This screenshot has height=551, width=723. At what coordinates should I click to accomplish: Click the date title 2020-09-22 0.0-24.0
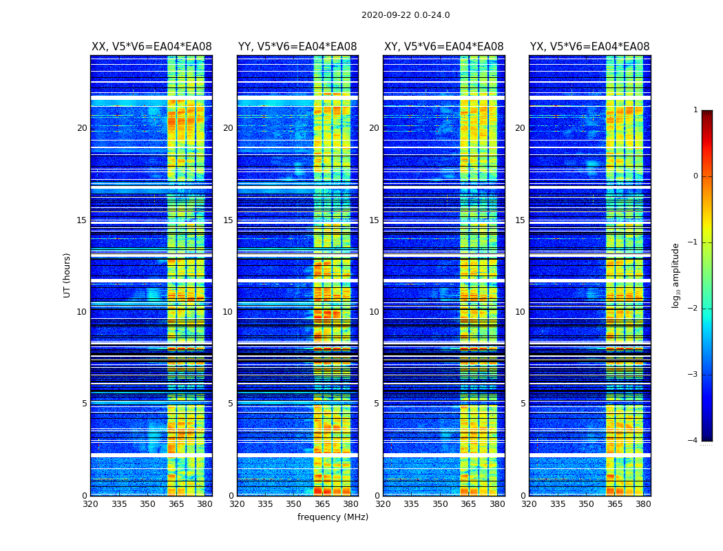click(x=405, y=15)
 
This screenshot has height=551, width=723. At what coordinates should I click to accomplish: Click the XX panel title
click(x=151, y=47)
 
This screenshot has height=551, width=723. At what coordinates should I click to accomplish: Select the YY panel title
click(x=297, y=47)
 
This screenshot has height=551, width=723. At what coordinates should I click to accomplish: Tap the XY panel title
click(x=443, y=47)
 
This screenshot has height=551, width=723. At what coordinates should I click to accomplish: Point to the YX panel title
click(x=589, y=47)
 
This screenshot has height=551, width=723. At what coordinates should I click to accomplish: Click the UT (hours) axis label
click(x=67, y=275)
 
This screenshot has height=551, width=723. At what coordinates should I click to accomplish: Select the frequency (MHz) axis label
click(x=333, y=517)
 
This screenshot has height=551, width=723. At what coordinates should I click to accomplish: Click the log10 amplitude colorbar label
click(x=676, y=275)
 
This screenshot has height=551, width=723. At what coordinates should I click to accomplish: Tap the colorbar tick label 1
click(x=695, y=110)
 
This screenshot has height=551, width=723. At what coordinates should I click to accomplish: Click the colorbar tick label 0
click(x=695, y=176)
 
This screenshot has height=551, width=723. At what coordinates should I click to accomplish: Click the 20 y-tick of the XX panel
click(x=82, y=128)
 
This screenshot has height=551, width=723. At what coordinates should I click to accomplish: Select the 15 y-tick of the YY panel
click(x=228, y=220)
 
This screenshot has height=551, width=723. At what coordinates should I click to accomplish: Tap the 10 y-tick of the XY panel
click(x=374, y=312)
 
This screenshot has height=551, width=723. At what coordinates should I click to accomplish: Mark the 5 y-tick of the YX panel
click(x=523, y=404)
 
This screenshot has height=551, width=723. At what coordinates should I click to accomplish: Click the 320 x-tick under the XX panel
click(x=90, y=504)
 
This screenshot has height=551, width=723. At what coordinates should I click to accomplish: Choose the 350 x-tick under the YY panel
click(x=294, y=504)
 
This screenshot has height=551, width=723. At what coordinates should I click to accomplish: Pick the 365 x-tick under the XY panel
click(x=468, y=504)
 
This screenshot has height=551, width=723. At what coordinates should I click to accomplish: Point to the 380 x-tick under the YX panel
click(x=643, y=504)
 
